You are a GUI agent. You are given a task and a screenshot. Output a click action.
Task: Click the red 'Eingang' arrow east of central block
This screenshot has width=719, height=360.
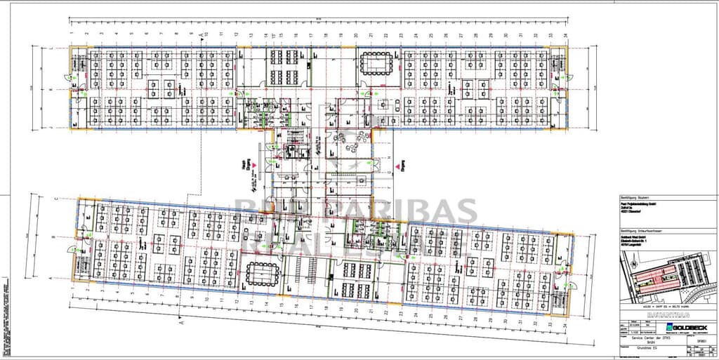(397, 166)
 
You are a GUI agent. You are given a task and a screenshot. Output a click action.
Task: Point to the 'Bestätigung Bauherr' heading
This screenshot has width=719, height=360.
(636, 198)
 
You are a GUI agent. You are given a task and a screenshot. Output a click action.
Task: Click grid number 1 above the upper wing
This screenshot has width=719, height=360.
(73, 33)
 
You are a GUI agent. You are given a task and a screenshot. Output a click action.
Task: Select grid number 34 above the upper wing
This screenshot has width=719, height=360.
(565, 33)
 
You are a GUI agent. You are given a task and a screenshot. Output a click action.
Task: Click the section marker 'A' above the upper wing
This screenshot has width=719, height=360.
(200, 33)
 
